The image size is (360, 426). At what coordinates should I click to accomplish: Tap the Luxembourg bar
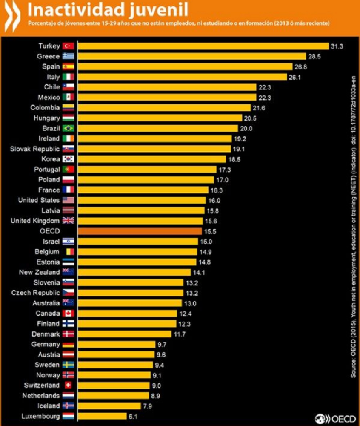click(x=102, y=416)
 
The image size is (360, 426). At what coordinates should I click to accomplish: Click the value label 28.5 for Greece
click(x=313, y=56)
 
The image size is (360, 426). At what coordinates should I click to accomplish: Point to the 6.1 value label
click(x=133, y=416)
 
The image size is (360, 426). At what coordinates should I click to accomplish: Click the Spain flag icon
click(x=68, y=66)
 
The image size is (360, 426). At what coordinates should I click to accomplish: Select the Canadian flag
click(x=68, y=313)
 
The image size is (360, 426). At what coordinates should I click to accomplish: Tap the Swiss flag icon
click(x=68, y=385)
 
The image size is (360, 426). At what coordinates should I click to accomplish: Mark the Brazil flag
click(x=68, y=128)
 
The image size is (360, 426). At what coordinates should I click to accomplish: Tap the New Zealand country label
click(x=39, y=272)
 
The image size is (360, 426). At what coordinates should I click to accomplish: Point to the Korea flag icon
click(x=68, y=159)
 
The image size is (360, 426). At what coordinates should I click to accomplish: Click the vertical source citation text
click(x=353, y=226)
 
